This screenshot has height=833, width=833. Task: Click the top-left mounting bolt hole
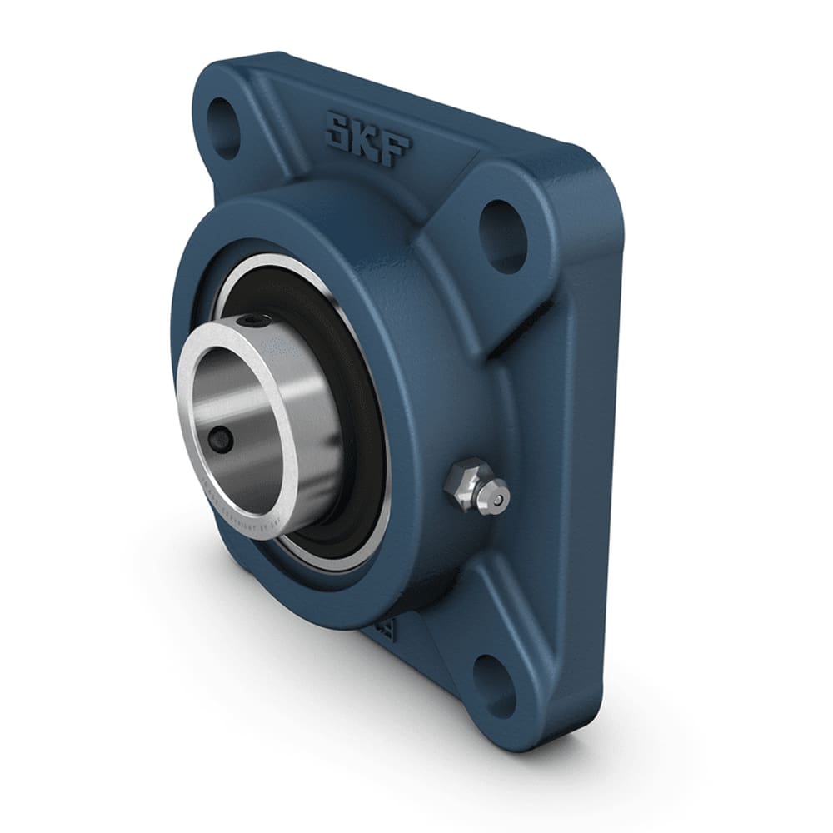tap(223, 127)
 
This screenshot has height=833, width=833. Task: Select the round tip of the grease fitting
tap(497, 499)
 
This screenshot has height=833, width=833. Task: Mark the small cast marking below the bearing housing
tap(385, 629)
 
